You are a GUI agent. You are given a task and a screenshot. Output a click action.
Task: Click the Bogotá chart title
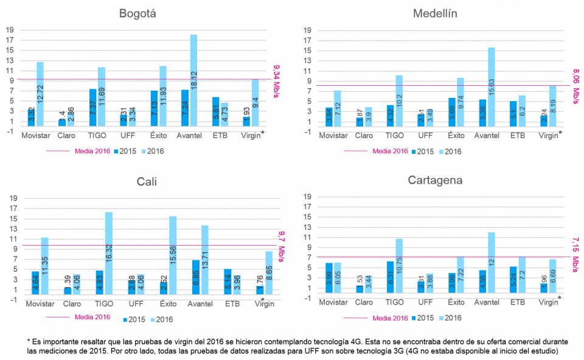(137, 13)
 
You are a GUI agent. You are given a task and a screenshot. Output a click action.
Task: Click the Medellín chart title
(435, 13)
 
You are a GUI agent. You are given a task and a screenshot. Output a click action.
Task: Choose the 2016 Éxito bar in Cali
(173, 255)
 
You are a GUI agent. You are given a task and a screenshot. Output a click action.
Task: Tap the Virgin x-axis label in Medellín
(549, 136)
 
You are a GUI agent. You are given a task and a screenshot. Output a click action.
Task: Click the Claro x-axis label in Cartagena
(364, 302)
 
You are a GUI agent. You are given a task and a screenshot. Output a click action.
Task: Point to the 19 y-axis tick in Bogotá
(9, 30)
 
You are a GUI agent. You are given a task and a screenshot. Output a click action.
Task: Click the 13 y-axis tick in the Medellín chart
(307, 61)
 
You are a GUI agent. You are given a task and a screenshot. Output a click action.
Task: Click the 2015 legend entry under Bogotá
(127, 150)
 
